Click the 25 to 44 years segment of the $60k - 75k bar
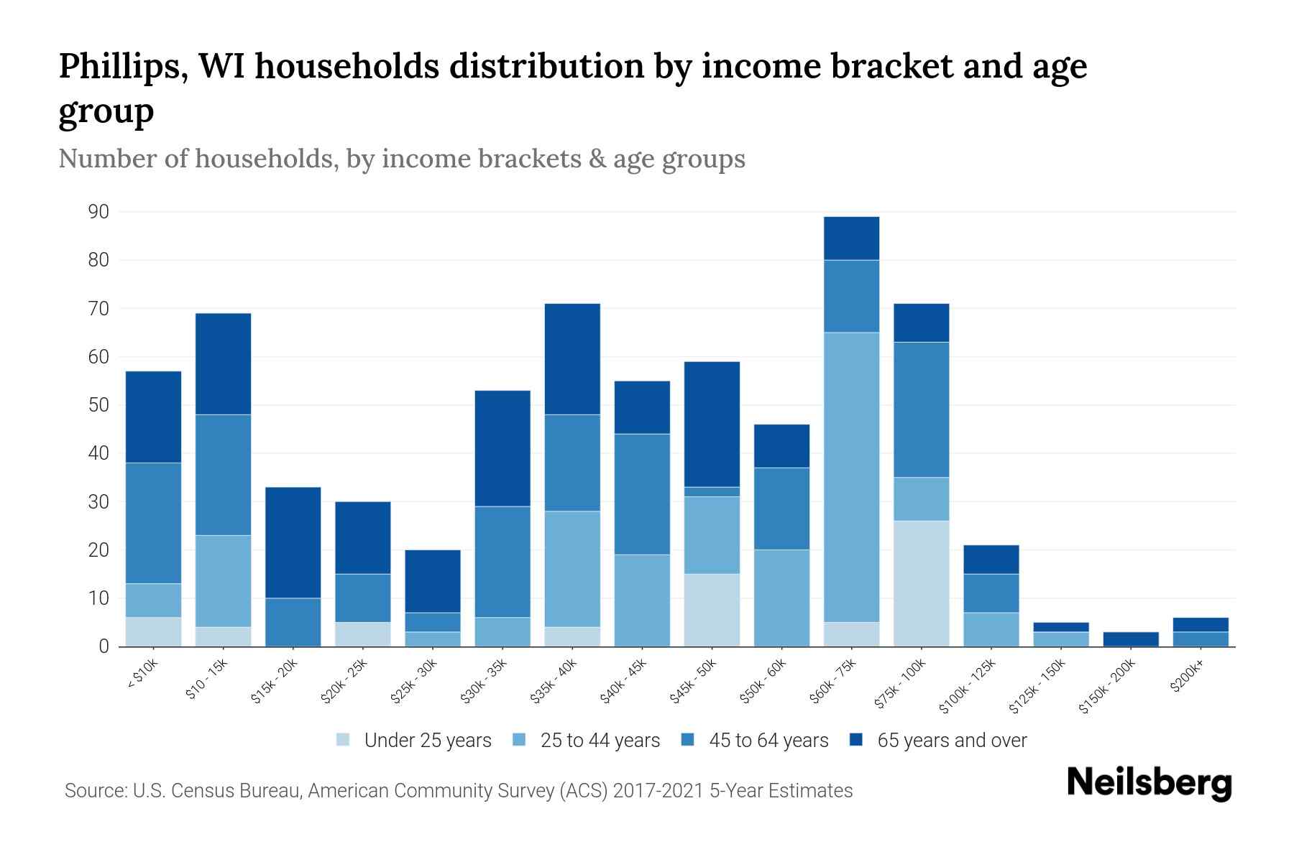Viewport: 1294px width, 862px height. [851, 477]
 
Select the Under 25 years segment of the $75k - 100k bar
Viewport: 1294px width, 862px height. [921, 583]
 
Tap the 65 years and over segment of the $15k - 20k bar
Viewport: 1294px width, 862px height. [293, 542]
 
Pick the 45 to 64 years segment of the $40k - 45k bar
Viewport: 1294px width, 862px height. [642, 494]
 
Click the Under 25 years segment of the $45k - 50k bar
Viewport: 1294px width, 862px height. [712, 610]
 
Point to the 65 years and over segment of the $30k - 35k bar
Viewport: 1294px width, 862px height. [503, 448]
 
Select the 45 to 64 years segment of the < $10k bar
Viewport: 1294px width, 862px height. [153, 523]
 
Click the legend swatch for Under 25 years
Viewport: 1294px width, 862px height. [344, 740]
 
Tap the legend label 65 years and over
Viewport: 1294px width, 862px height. [952, 740]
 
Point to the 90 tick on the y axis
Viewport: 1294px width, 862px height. [98, 212]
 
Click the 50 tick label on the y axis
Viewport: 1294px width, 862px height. [98, 405]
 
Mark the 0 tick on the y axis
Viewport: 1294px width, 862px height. [104, 646]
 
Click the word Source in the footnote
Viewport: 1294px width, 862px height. [93, 791]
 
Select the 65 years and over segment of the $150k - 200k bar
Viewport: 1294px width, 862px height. [1130, 639]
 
